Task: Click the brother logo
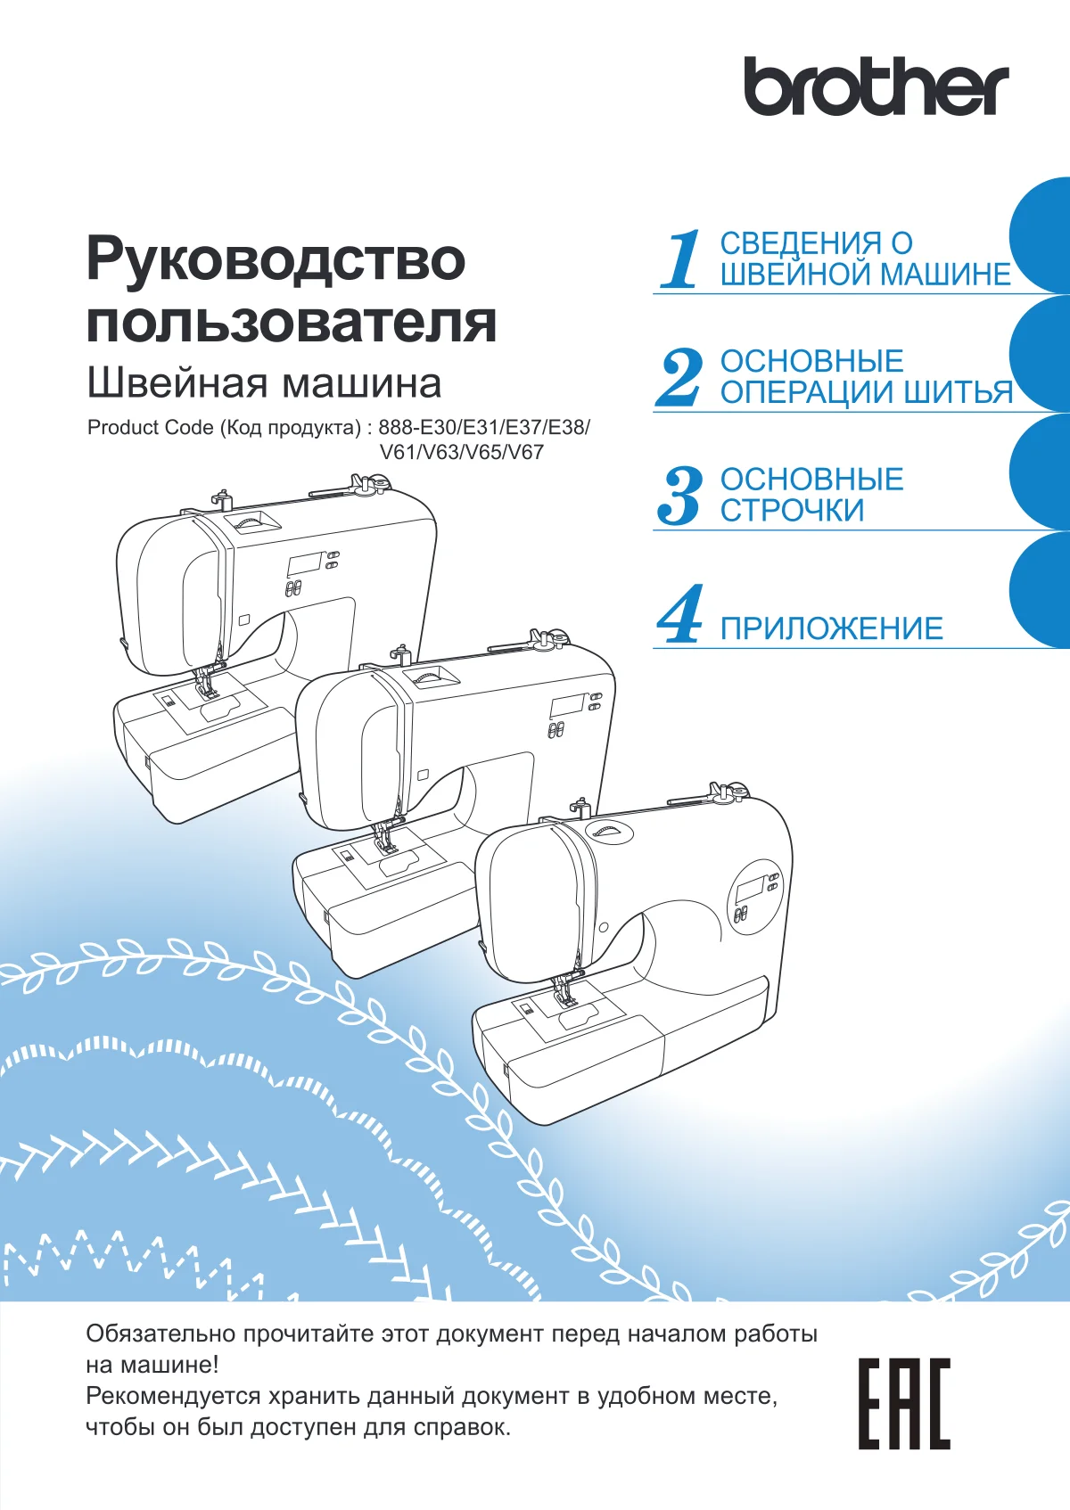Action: click(x=876, y=86)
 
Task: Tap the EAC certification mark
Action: click(x=904, y=1404)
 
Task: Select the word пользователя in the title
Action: click(x=292, y=322)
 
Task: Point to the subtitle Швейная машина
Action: click(x=264, y=383)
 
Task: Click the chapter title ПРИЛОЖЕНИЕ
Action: click(x=831, y=628)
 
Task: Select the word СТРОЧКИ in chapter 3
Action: click(x=792, y=510)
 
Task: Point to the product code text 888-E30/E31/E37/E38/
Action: click(x=483, y=427)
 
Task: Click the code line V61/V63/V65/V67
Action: click(x=462, y=452)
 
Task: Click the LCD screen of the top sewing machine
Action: click(x=303, y=565)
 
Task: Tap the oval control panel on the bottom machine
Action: click(x=755, y=898)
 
